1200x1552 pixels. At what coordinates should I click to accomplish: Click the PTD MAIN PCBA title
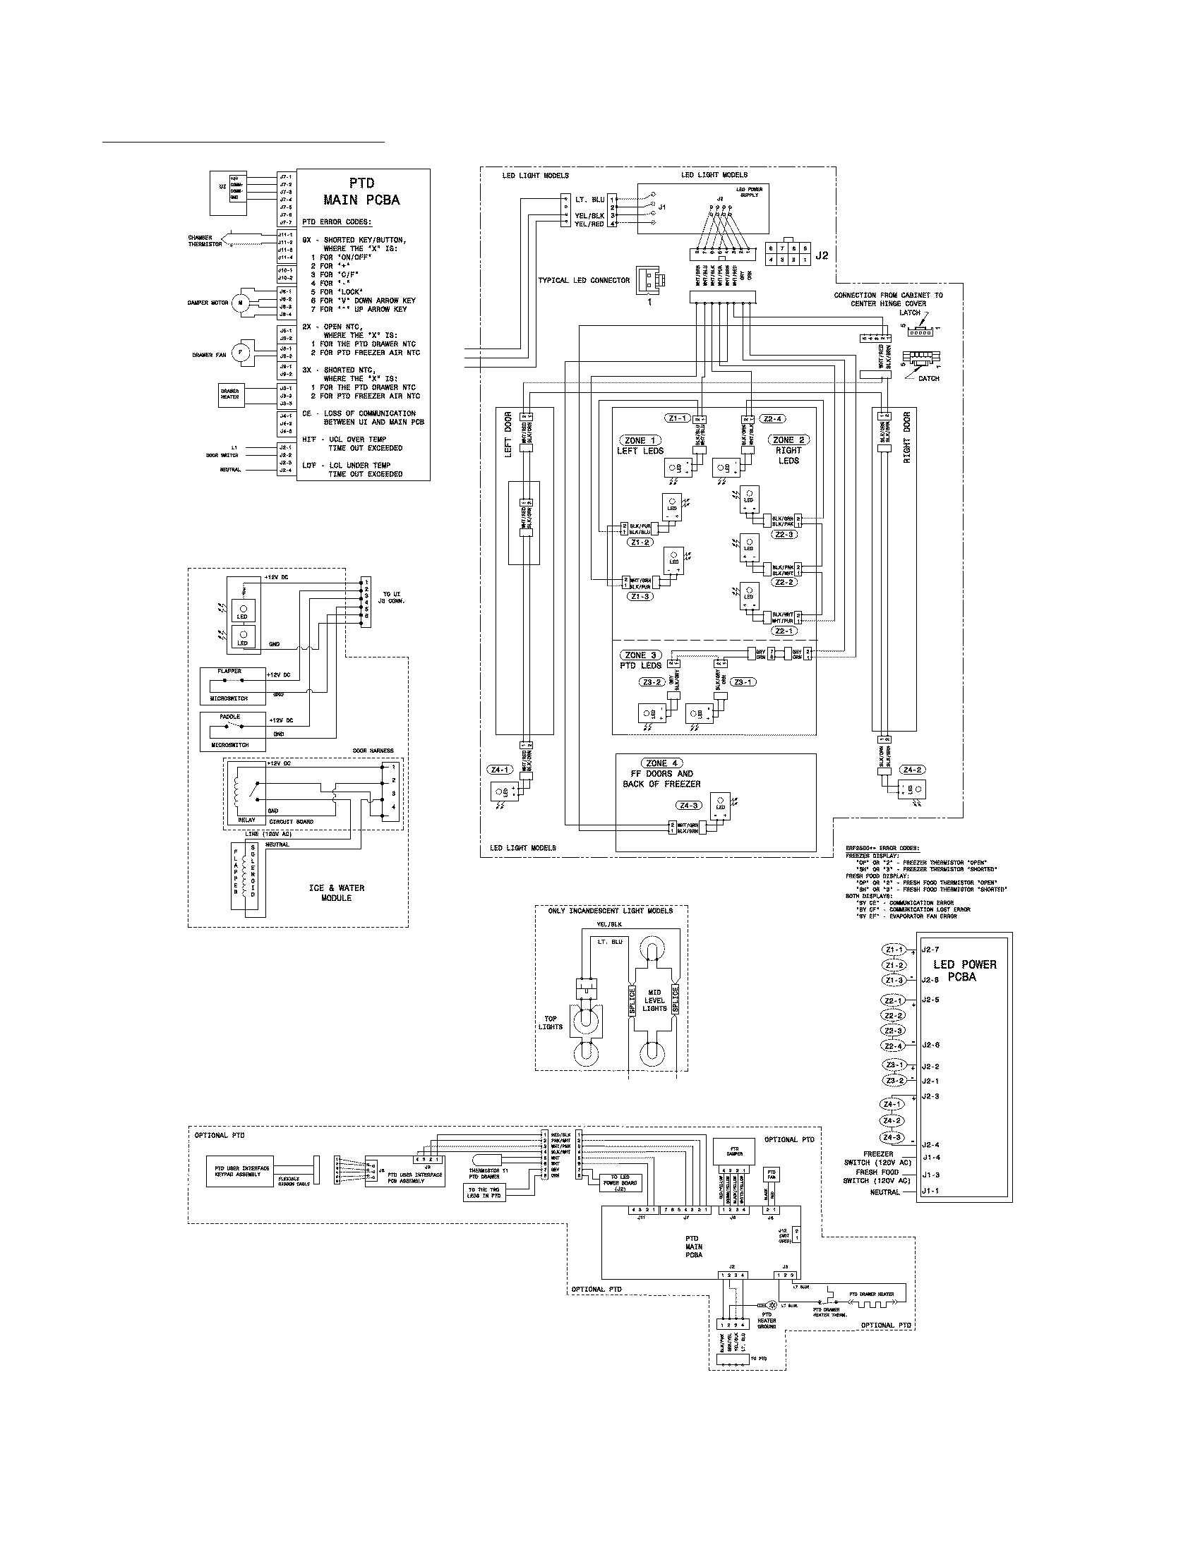point(361,192)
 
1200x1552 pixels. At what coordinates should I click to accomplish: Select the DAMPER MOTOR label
point(208,303)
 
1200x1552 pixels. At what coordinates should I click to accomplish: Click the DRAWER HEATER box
point(229,394)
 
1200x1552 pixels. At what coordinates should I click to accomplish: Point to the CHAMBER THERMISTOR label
point(205,241)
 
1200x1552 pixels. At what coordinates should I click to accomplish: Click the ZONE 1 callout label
point(640,441)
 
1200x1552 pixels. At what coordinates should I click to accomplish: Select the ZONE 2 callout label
point(788,440)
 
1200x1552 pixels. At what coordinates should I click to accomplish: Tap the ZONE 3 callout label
point(640,655)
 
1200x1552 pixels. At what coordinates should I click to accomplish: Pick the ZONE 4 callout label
point(661,763)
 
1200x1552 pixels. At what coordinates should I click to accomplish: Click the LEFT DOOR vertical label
point(508,435)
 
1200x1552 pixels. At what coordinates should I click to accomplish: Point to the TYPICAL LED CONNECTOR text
point(584,280)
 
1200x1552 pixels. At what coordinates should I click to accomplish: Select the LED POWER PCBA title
point(964,971)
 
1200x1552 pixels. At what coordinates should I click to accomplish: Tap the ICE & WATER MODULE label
point(336,892)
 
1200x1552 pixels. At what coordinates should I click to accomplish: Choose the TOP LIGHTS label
point(551,1023)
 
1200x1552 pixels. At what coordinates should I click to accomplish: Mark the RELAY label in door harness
point(246,819)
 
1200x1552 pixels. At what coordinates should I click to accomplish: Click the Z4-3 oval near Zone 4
point(688,806)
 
